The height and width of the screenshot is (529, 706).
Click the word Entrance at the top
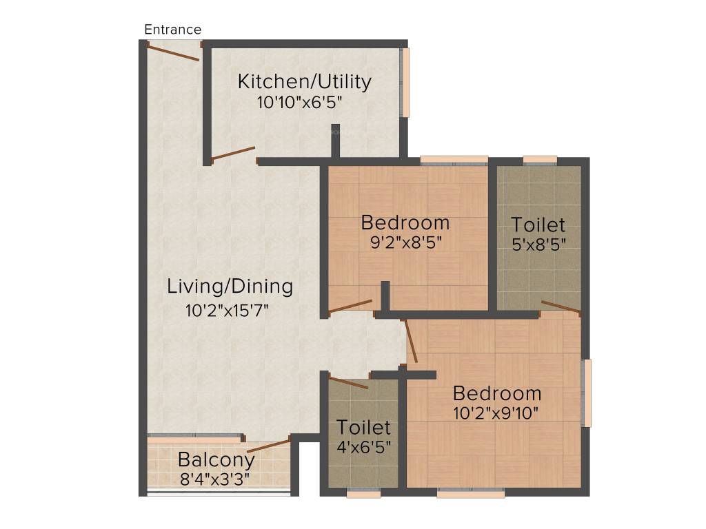tap(172, 30)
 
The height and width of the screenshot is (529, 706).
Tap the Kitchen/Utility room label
tap(304, 81)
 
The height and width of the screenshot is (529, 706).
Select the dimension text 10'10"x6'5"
tap(299, 103)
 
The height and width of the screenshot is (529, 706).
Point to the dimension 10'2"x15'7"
tap(226, 309)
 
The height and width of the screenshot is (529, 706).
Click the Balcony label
tap(216, 459)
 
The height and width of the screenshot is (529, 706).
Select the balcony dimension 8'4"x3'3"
tap(214, 477)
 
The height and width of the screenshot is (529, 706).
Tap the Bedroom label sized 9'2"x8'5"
tap(405, 223)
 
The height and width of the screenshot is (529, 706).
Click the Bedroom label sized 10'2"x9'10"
tap(496, 393)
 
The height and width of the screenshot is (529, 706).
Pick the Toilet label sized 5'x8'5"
tap(538, 225)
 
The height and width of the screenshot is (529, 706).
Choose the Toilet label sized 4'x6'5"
tap(363, 427)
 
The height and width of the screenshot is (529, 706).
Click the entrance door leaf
tap(174, 52)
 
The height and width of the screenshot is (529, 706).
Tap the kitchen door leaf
tap(233, 153)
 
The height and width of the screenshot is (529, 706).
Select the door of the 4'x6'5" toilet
tap(348, 382)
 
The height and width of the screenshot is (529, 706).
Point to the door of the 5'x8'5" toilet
tap(561, 307)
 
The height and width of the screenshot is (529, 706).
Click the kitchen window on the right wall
tap(405, 81)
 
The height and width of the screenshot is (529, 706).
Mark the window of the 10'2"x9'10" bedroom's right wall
tap(587, 393)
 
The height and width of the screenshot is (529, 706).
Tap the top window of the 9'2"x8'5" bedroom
tap(454, 160)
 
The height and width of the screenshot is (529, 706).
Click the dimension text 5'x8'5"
tap(538, 245)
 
